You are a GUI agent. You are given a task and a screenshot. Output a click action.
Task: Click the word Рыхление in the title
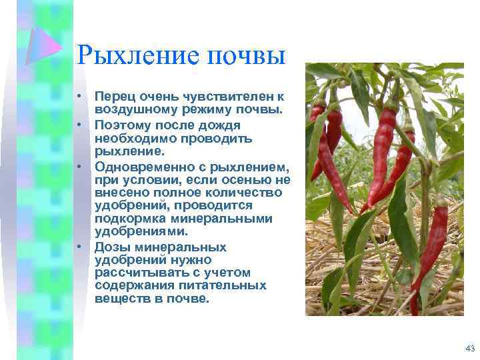coord(131,55)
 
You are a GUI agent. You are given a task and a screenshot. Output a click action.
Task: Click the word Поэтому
coord(121,125)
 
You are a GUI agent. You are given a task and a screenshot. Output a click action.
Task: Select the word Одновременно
coord(139,166)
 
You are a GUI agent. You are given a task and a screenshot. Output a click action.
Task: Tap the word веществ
coord(118,299)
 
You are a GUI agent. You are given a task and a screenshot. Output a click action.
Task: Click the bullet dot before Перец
coord(79,97)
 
